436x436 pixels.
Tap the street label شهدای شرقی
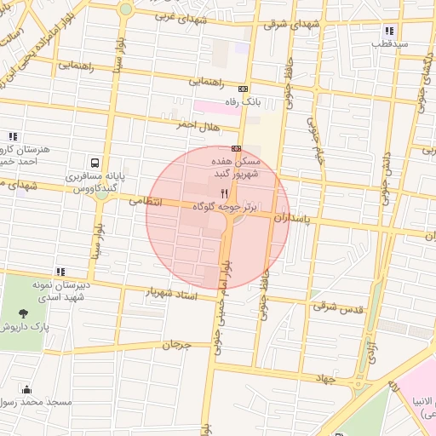(287, 24)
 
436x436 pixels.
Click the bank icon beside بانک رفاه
(244, 89)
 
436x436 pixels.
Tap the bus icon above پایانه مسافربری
(94, 162)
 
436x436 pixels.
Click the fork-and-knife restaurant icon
(224, 194)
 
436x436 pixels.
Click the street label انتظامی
(146, 203)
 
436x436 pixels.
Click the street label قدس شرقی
(344, 307)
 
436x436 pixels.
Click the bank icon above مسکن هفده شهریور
(236, 147)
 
